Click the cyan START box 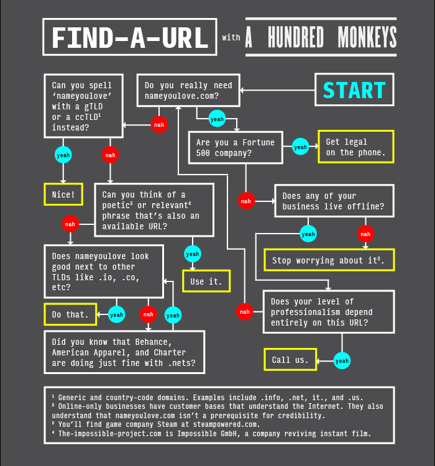pos(354,89)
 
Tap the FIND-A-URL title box pos(130,37)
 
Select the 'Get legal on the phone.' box pos(356,147)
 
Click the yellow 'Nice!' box pos(63,194)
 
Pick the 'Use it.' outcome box pos(206,281)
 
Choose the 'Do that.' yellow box pos(70,314)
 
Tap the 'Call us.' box pos(290,360)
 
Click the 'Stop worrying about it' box pos(329,260)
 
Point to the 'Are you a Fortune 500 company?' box pos(236,147)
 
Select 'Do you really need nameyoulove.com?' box pos(188,90)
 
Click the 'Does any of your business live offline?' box pos(334,201)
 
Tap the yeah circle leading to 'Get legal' pos(300,147)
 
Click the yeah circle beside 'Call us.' pos(342,360)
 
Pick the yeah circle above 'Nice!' pos(63,155)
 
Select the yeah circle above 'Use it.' pos(193,254)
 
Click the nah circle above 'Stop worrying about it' pos(365,234)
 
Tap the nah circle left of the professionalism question pos(244,311)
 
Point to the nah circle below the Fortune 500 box pos(246,201)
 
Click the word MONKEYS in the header pos(367,37)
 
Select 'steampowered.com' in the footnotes pos(227,424)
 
